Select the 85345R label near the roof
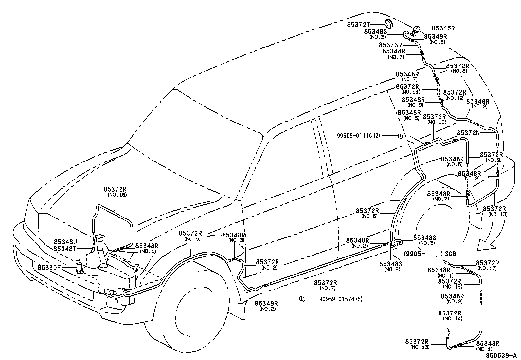point(443,28)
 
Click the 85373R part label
point(390,45)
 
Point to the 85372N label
point(468,133)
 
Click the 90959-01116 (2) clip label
point(359,135)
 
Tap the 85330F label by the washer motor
point(49,267)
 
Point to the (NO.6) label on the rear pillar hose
point(370,216)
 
